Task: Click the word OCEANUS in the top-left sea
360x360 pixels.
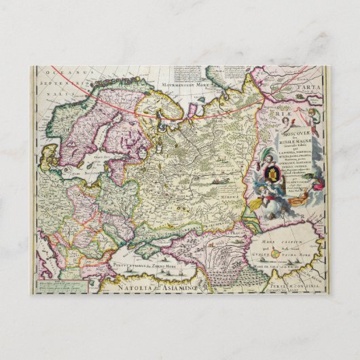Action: pyautogui.click(x=64, y=70)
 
